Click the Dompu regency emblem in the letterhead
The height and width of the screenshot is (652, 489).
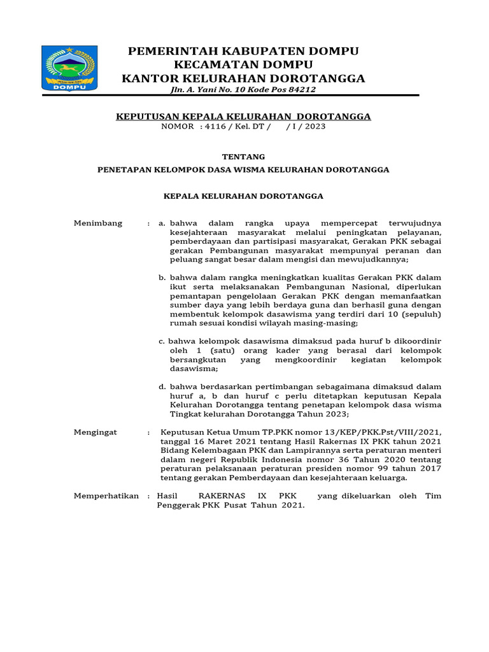click(x=69, y=68)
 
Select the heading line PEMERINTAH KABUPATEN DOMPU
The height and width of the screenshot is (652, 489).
click(x=243, y=51)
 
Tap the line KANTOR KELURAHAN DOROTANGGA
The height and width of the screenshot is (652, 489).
click(x=243, y=78)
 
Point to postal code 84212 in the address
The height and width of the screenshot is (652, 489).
click(x=301, y=90)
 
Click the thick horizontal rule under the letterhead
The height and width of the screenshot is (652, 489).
click(x=255, y=96)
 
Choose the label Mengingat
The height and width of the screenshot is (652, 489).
click(x=96, y=432)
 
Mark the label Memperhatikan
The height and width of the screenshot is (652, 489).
click(x=106, y=495)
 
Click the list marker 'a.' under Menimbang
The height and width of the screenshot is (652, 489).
click(x=162, y=223)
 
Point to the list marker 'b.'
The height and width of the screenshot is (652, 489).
click(x=162, y=278)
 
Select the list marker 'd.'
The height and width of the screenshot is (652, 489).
click(x=162, y=386)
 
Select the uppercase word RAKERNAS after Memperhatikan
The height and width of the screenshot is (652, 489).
click(x=222, y=495)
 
